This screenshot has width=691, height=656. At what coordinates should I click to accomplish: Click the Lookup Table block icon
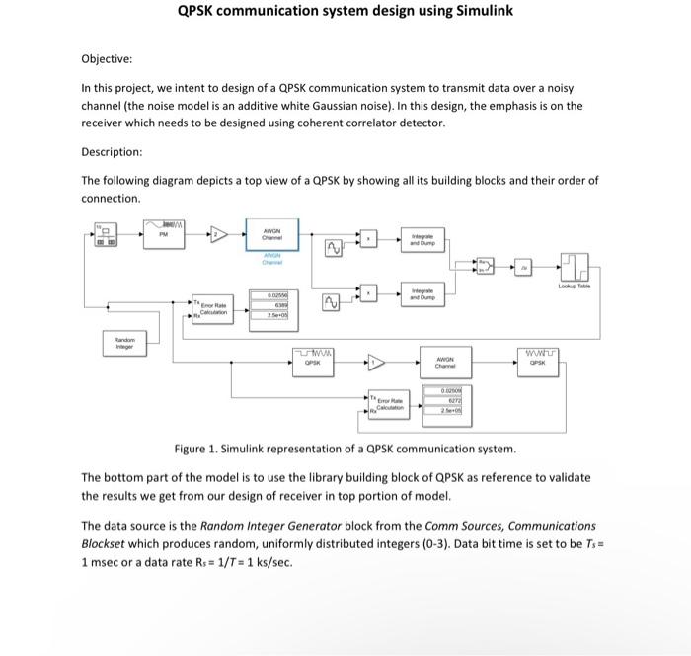point(574,266)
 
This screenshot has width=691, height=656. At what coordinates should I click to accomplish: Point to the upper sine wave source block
point(333,246)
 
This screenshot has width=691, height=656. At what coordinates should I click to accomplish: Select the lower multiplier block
point(370,292)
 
